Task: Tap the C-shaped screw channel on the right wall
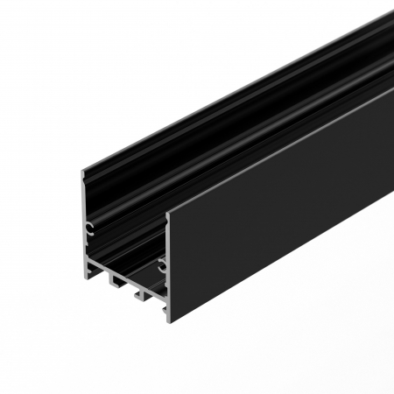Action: pos(162,264)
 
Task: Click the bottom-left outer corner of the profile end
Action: pos(85,278)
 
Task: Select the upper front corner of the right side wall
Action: pos(167,211)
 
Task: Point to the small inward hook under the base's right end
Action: pos(161,307)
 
